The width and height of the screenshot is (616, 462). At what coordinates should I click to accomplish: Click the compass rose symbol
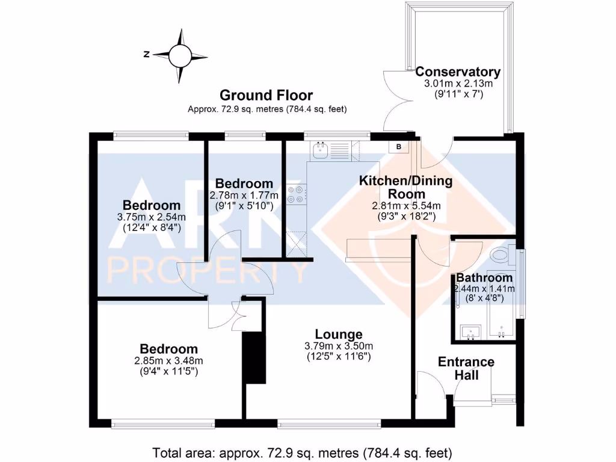(x=179, y=56)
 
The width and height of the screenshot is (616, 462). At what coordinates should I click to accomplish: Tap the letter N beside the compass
(x=146, y=54)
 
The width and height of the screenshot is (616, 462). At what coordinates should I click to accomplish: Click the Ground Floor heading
(x=266, y=95)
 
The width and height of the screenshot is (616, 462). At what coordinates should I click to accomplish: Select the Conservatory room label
(x=458, y=72)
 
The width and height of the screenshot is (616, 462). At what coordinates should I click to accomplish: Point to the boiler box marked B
(x=398, y=146)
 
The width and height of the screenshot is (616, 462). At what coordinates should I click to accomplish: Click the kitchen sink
(x=320, y=150)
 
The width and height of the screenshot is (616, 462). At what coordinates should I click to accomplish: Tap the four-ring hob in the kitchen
(x=295, y=194)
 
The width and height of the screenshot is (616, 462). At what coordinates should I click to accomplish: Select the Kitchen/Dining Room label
(x=405, y=187)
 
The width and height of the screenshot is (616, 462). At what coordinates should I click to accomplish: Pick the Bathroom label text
(x=484, y=278)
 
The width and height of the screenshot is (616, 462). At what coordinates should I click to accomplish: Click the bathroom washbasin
(x=469, y=331)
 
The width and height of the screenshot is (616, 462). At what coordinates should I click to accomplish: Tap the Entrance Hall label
(x=466, y=368)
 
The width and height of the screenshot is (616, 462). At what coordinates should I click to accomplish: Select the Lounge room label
(x=339, y=334)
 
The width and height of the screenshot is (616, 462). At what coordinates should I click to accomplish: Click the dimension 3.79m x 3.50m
(x=339, y=346)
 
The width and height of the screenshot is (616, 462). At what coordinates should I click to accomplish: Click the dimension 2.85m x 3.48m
(x=169, y=361)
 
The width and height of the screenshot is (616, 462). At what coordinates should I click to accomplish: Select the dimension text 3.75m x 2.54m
(x=152, y=217)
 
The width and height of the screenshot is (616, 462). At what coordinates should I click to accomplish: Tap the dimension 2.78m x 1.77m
(x=244, y=195)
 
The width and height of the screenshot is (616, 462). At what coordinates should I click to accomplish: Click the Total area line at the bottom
(x=303, y=452)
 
